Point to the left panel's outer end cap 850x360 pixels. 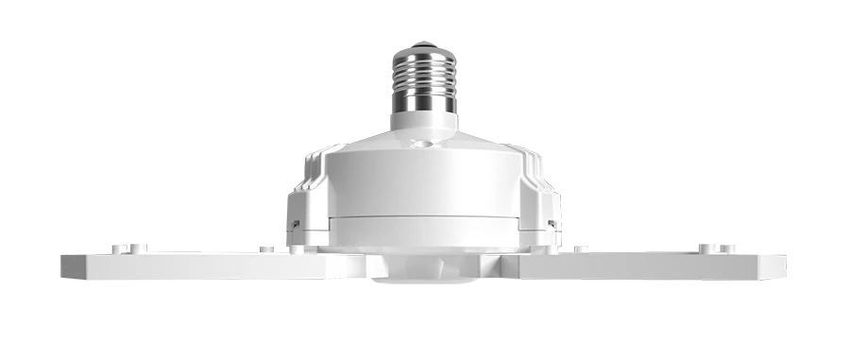click(x=68, y=266)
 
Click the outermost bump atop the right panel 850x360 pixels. click(x=730, y=248)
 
